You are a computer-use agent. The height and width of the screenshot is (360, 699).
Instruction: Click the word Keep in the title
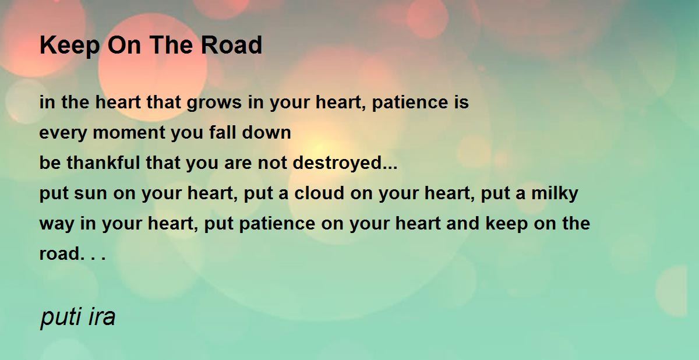(x=69, y=46)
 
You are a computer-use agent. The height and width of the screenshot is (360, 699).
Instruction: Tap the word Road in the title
(x=231, y=45)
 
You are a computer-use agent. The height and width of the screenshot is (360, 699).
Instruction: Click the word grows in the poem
(x=214, y=103)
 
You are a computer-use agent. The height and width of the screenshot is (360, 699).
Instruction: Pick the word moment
(x=129, y=133)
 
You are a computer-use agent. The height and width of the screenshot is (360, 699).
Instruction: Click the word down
(x=267, y=132)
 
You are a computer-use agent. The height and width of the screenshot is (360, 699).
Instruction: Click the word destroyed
(x=337, y=163)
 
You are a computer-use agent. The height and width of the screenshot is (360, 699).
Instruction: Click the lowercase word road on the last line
(x=59, y=253)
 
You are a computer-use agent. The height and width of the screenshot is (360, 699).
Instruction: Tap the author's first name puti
(x=61, y=317)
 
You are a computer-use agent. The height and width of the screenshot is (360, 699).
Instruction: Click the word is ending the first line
(x=461, y=102)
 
